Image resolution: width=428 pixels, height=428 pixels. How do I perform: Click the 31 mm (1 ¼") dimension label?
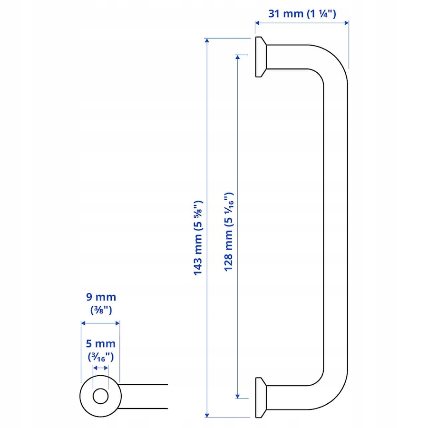click(x=302, y=14)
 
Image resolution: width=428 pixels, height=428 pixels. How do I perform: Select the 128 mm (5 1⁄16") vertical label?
click(x=229, y=232)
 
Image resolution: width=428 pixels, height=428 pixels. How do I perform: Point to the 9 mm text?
click(x=101, y=297)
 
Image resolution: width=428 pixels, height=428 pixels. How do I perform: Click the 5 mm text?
click(x=101, y=343)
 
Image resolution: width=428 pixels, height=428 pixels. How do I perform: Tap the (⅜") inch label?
click(x=101, y=310)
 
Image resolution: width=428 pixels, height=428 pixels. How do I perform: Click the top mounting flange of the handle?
click(x=261, y=57)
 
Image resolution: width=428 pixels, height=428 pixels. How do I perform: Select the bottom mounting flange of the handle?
click(x=261, y=398)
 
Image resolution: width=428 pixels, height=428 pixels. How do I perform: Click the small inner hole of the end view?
click(x=100, y=396)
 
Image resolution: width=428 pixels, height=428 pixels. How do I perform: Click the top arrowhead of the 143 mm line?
click(x=207, y=41)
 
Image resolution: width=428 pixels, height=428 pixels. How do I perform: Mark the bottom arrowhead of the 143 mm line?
click(x=207, y=415)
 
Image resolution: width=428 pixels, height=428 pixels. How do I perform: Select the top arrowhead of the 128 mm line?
click(x=237, y=58)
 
